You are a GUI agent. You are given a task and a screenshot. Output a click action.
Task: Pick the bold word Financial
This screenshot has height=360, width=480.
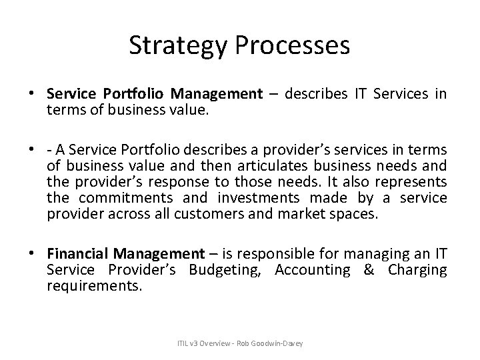click(78, 253)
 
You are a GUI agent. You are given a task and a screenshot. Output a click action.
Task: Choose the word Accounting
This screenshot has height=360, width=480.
click(312, 269)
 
